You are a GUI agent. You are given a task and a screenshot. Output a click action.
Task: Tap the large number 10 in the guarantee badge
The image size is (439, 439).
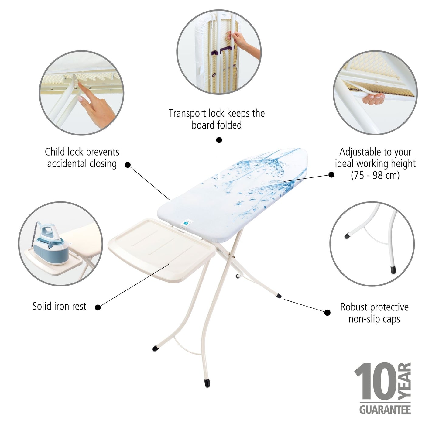376,382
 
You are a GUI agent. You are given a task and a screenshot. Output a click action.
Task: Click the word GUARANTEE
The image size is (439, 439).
385,410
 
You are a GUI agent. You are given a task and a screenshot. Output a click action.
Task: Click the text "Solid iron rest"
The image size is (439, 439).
59,306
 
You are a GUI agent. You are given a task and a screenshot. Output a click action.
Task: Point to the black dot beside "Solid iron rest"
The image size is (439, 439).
98,307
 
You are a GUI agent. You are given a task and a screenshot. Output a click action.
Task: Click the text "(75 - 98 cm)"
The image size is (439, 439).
375,175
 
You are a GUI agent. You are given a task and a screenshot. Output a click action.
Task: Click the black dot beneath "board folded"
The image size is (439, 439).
219,140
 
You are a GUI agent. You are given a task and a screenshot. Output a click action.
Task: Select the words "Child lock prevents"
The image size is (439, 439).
82,152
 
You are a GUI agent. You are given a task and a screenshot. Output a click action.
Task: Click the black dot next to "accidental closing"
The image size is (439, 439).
128,165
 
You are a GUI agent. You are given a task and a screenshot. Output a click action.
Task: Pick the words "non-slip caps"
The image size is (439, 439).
374,319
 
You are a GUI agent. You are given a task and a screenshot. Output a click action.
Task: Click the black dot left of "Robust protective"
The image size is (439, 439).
327,313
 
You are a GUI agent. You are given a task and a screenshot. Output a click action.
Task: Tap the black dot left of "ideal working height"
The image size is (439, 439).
331,175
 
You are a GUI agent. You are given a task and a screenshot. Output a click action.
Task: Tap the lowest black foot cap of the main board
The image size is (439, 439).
207,383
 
